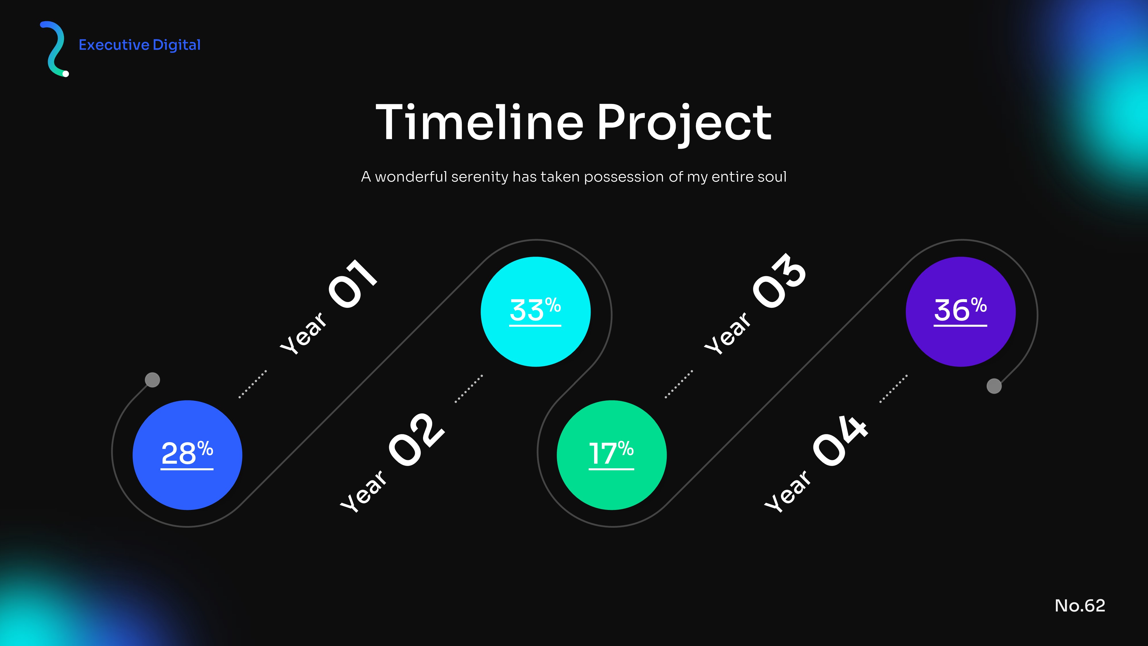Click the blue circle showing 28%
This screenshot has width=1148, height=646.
(187, 455)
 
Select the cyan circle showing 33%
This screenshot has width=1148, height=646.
(536, 312)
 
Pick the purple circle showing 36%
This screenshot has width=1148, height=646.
(961, 312)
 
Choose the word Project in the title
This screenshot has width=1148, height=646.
(684, 125)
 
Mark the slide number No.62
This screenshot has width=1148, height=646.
(1080, 606)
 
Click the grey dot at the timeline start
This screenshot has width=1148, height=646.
(152, 380)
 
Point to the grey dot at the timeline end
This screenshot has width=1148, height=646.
(994, 386)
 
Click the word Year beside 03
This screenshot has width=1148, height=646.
(727, 333)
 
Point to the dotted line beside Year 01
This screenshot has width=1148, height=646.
(253, 384)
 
